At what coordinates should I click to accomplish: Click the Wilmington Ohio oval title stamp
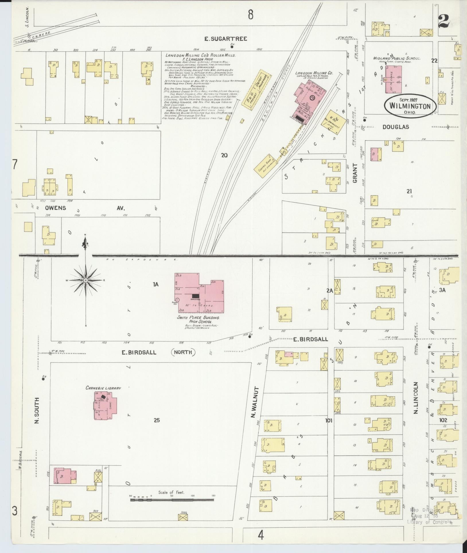410,106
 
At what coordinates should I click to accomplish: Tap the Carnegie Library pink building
105,408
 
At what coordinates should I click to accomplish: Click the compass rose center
85,280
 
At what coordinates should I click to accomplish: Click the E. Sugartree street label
226,39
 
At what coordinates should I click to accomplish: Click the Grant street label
355,173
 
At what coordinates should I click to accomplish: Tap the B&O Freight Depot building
256,90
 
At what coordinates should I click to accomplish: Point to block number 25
156,420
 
